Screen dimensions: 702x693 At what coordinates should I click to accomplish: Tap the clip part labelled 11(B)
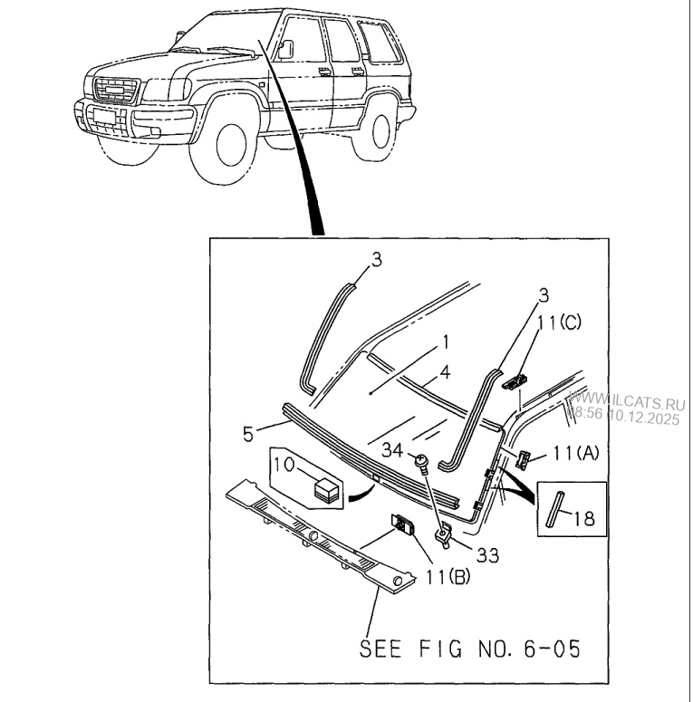402,524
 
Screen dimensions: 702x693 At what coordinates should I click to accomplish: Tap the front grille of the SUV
112,91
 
